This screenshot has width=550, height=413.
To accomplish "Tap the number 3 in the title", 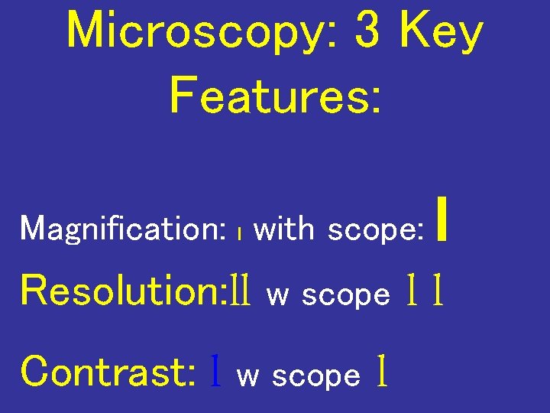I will (x=368, y=32).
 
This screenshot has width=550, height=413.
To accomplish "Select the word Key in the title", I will (x=442, y=32).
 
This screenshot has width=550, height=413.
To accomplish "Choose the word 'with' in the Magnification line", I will (x=283, y=228).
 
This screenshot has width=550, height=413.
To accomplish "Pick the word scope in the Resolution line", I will (x=346, y=295).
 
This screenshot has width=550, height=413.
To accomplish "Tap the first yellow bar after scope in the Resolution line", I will (x=412, y=291).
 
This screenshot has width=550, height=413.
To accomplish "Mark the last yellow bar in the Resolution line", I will (x=438, y=291).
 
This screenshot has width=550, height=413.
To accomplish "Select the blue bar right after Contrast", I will (x=218, y=372).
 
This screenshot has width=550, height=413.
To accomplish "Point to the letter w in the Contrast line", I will (x=247, y=376).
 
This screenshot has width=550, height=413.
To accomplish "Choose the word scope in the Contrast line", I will (x=316, y=376).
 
